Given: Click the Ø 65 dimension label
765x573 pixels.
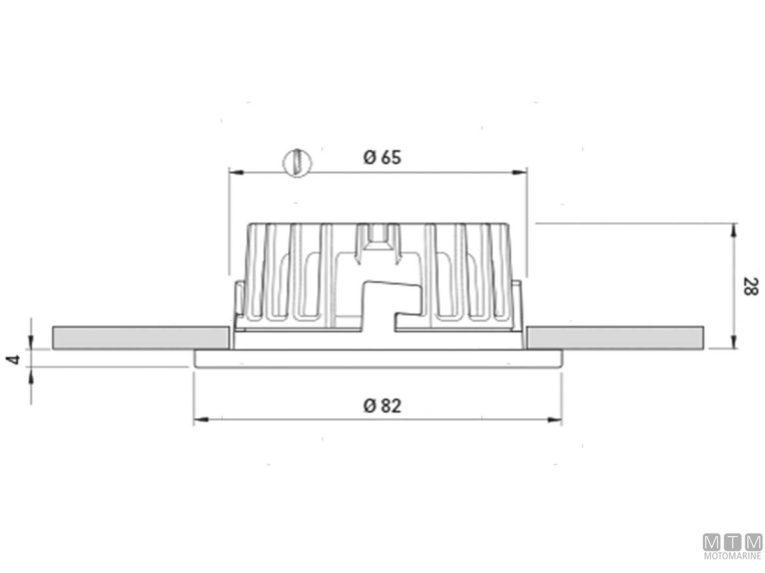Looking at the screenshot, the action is coord(382,158).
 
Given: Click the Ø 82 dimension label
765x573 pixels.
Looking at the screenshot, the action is coord(382,406).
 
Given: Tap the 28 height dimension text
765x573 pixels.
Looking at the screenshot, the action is coord(750,286).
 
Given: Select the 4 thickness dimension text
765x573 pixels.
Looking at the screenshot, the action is coord(13,359).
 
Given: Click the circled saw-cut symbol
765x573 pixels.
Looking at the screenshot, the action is coord(297,163).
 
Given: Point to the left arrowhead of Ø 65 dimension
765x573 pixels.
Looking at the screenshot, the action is coord(236,172).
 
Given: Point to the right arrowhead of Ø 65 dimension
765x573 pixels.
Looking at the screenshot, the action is coord(520,172).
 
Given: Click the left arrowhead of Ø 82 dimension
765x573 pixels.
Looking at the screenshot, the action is coord(201,420).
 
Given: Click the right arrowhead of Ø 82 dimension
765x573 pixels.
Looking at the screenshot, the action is coord(554,420).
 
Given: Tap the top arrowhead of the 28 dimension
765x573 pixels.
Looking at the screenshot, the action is coord(734,230).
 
